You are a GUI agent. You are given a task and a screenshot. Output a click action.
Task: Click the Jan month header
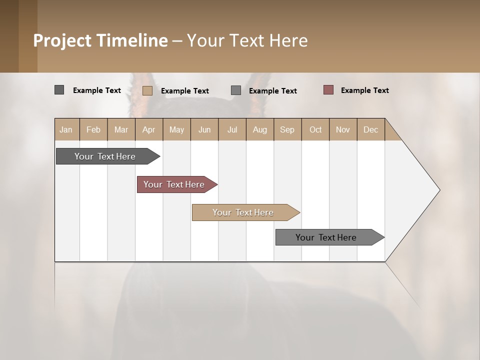[66, 129]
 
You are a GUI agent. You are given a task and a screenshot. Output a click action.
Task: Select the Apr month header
[149, 129]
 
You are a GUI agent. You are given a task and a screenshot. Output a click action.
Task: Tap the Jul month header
[232, 129]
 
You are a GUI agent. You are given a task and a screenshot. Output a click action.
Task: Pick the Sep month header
[287, 129]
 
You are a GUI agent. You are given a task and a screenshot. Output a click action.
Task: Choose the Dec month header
[370, 129]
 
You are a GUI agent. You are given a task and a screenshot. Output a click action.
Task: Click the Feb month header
[93, 129]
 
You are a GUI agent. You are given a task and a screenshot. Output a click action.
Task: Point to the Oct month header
[315, 129]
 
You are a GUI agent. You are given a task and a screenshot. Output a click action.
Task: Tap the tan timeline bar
[243, 212]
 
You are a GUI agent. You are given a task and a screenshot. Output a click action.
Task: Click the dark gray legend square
[59, 90]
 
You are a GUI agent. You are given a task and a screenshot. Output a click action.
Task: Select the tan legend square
[147, 90]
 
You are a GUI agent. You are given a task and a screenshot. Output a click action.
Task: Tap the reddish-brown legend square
[328, 90]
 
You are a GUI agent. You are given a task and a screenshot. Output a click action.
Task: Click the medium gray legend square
[236, 90]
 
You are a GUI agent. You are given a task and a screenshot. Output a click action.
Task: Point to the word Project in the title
[62, 40]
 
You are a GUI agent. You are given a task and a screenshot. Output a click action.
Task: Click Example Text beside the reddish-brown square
[364, 90]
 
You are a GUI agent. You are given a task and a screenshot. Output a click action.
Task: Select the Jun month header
[204, 129]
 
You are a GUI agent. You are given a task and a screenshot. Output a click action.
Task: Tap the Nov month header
[343, 129]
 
